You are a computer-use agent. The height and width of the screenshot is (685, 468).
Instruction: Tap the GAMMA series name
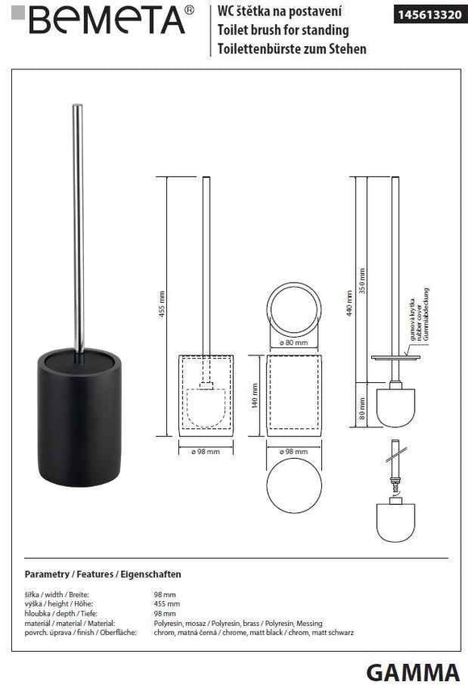413,670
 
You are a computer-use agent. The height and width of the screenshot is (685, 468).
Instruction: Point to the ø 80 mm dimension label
295,342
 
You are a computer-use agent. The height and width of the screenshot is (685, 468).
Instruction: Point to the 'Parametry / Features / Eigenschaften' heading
102,574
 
